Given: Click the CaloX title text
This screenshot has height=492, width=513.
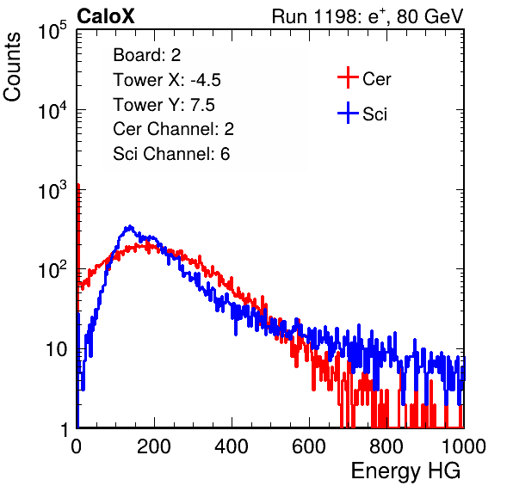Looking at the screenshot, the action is tap(105, 16).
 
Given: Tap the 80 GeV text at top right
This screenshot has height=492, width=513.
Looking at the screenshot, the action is tap(430, 16).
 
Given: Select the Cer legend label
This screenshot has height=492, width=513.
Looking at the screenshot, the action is tap(376, 79).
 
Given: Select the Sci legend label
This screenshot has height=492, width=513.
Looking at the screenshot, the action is tap(375, 114).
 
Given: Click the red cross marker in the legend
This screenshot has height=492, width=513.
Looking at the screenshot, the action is tap(348, 77).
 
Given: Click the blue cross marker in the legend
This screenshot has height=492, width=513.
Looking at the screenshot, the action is tap(348, 113).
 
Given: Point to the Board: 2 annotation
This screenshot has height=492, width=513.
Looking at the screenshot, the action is tap(147, 55).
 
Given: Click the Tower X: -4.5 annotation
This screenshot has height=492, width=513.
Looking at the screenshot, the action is tap(167, 80).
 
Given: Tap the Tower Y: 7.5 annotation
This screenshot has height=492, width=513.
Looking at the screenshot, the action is tap(164, 105).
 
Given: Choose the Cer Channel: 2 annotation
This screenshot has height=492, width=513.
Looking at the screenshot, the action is tap(173, 129).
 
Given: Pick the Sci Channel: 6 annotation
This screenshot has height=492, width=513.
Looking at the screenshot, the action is tap(171, 154).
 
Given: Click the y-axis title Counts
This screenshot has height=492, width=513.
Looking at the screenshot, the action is tap(12, 67).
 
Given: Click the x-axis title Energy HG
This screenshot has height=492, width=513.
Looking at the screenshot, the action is tap(405, 470).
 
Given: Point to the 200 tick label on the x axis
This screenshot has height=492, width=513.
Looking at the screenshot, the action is tap(154, 446).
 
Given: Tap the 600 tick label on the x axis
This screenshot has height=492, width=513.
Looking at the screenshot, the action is tap(309, 446).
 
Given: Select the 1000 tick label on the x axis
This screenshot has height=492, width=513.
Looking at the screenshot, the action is tap(464, 446).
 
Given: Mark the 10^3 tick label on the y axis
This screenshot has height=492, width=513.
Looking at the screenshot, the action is tap(53, 190).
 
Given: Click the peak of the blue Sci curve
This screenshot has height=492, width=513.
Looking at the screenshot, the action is tap(130, 226).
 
